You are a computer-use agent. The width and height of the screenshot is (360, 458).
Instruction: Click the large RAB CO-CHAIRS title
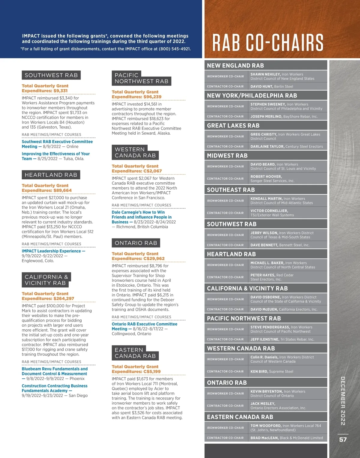point(268,43)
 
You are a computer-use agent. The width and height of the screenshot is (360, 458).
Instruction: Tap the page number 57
point(343,439)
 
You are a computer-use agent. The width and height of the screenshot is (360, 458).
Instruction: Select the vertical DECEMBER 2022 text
point(343,401)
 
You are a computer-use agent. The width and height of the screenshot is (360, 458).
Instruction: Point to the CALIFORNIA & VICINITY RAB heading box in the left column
point(46,280)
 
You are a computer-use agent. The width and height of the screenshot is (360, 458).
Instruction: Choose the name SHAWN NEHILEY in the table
point(265,74)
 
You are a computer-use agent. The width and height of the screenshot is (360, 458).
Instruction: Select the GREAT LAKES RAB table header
point(233,126)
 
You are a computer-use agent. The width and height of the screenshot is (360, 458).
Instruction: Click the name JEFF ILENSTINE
point(265,340)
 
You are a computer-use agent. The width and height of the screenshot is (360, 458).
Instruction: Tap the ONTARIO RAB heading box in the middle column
point(136,243)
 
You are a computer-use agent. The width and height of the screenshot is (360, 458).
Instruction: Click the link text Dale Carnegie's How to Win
point(138,212)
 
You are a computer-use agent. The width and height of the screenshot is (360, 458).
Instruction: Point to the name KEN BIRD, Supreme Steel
point(272,372)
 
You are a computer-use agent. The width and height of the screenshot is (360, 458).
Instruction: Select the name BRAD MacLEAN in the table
point(264,438)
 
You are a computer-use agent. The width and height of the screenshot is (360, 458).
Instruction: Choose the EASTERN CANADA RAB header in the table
point(240,417)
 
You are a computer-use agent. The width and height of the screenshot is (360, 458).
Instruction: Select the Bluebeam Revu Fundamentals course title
point(55,369)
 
